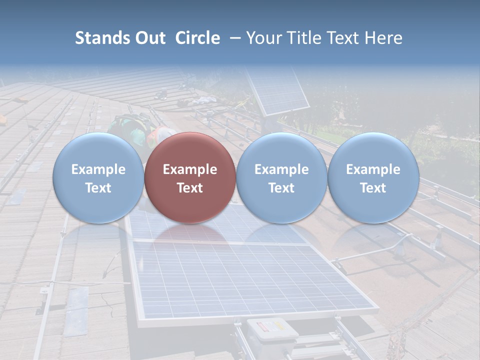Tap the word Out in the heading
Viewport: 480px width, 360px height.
(149, 38)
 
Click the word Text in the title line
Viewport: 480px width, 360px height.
(346, 38)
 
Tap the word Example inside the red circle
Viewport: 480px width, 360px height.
(190, 169)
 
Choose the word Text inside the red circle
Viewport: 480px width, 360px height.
(190, 188)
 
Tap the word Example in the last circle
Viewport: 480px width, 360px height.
(373, 169)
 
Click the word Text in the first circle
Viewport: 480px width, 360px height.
(98, 188)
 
